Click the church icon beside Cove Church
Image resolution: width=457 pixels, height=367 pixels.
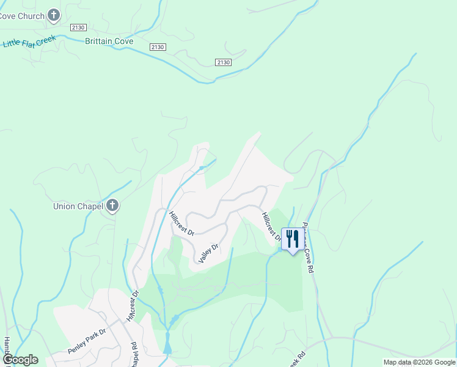54,15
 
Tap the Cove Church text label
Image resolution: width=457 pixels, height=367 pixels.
22,16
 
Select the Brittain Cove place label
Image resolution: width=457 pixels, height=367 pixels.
109,42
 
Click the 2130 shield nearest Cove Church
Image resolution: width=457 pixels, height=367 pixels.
78,28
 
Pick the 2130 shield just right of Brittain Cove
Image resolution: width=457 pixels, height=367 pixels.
158,47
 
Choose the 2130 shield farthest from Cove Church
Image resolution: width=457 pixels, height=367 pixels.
224,62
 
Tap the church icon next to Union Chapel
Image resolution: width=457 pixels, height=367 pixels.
111,206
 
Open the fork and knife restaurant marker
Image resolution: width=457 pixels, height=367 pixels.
291,239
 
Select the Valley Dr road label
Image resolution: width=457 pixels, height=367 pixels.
208,254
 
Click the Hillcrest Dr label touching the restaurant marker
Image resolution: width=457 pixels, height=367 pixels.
271,226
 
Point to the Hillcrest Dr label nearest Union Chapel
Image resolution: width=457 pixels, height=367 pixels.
181,223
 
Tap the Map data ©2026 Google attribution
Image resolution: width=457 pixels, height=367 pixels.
419,362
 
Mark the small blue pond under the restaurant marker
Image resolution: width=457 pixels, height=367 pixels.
280,249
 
